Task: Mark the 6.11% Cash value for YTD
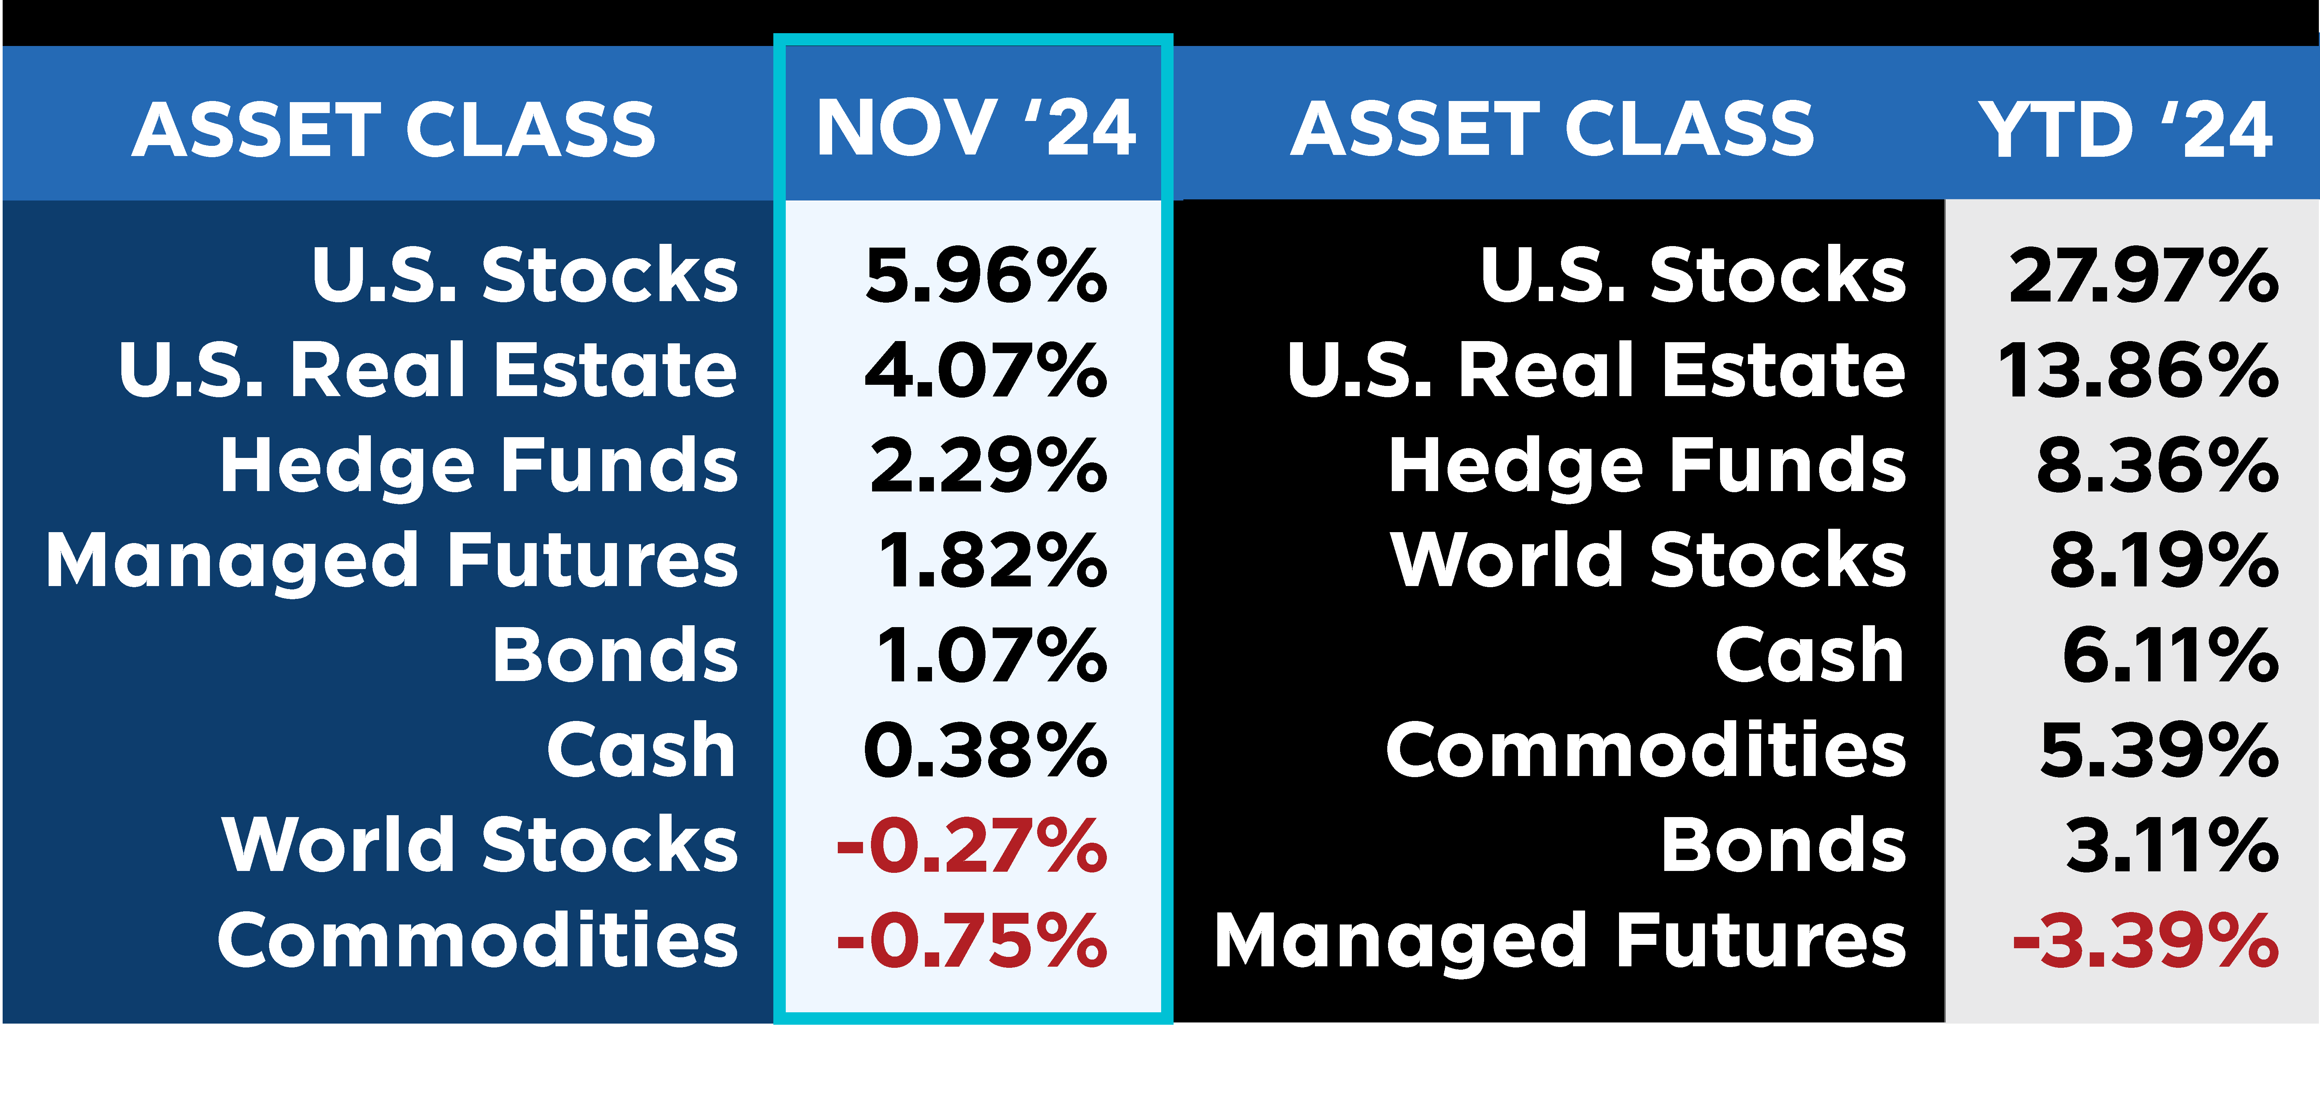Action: [x=2170, y=655]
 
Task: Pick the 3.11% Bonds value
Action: [x=2172, y=845]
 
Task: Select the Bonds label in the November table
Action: [x=615, y=655]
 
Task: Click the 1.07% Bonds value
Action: [x=992, y=655]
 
